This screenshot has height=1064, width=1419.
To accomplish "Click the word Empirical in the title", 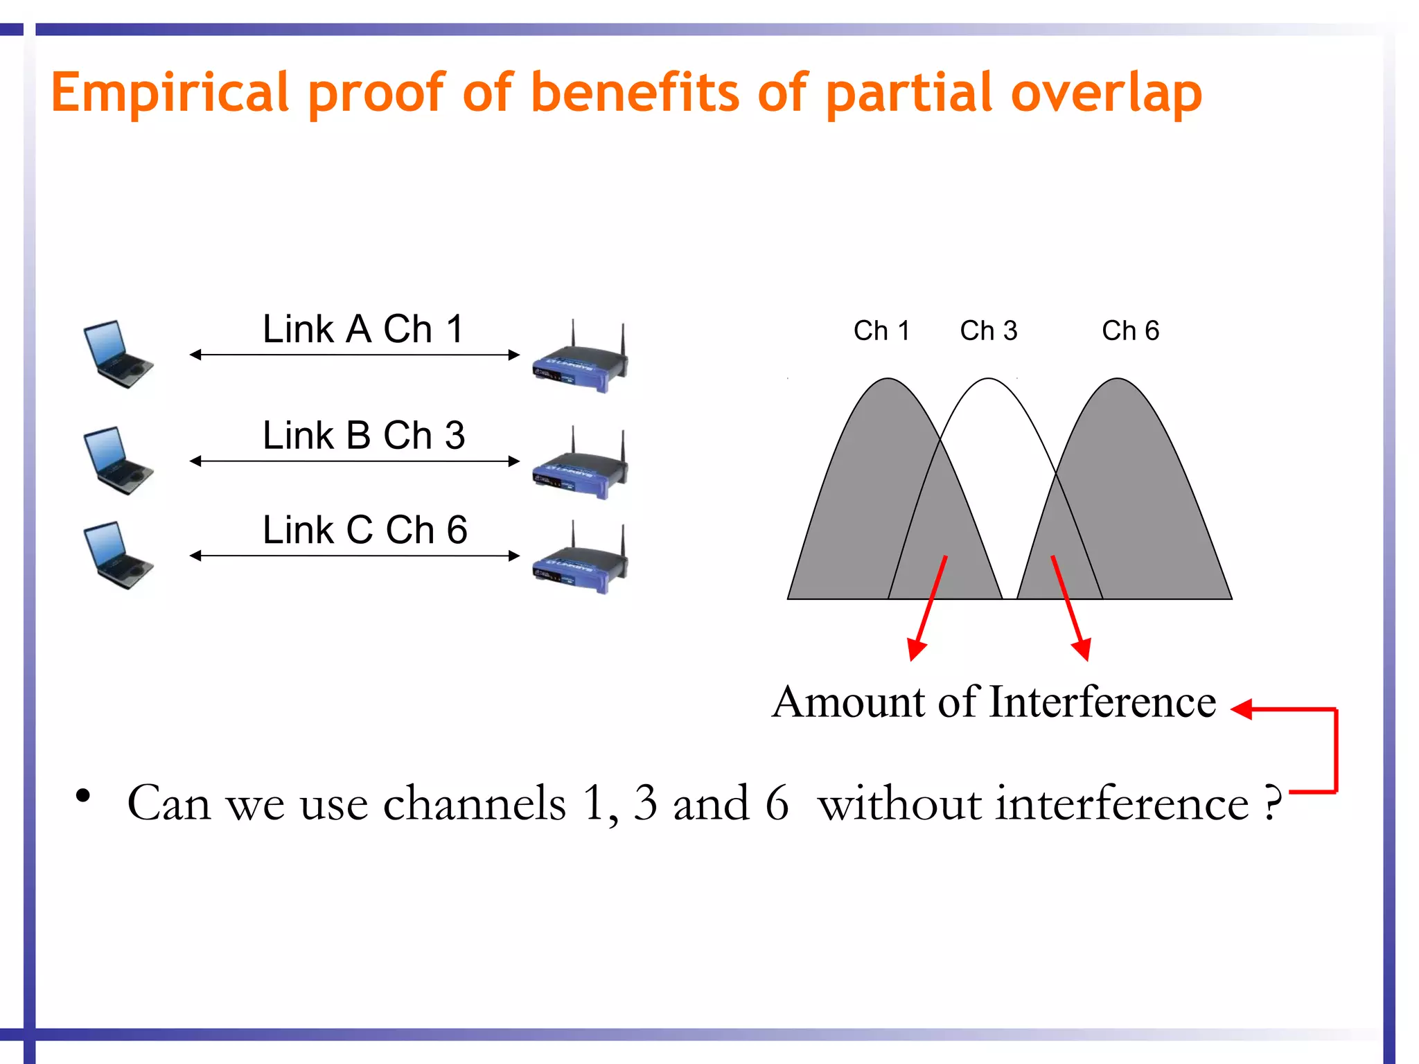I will coord(170,94).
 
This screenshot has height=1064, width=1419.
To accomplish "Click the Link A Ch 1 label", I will coord(363,329).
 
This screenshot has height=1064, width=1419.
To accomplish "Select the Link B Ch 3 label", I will coord(364,436).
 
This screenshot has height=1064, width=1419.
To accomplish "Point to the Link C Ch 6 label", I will coord(365,531).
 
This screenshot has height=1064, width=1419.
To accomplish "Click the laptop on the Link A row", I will coord(116,354).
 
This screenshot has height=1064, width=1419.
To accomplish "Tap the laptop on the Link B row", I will coord(116,460).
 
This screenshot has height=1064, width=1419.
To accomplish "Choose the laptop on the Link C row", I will coord(116,555).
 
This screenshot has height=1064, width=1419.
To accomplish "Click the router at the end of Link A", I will coord(581,360).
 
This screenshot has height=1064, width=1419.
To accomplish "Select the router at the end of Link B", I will coord(581,466).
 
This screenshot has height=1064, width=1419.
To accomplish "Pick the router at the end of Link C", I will coord(581,561).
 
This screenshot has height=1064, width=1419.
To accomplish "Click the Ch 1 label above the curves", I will coord(881,331).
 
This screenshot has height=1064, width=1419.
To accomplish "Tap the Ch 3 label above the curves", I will coord(989,331).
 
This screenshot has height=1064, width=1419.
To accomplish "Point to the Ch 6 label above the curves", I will coord(1130,331).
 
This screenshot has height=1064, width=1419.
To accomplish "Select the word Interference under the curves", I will coord(1102,702).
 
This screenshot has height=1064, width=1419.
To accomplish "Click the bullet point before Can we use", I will coord(83,797).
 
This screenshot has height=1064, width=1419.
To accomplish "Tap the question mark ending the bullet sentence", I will coord(1272,804).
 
